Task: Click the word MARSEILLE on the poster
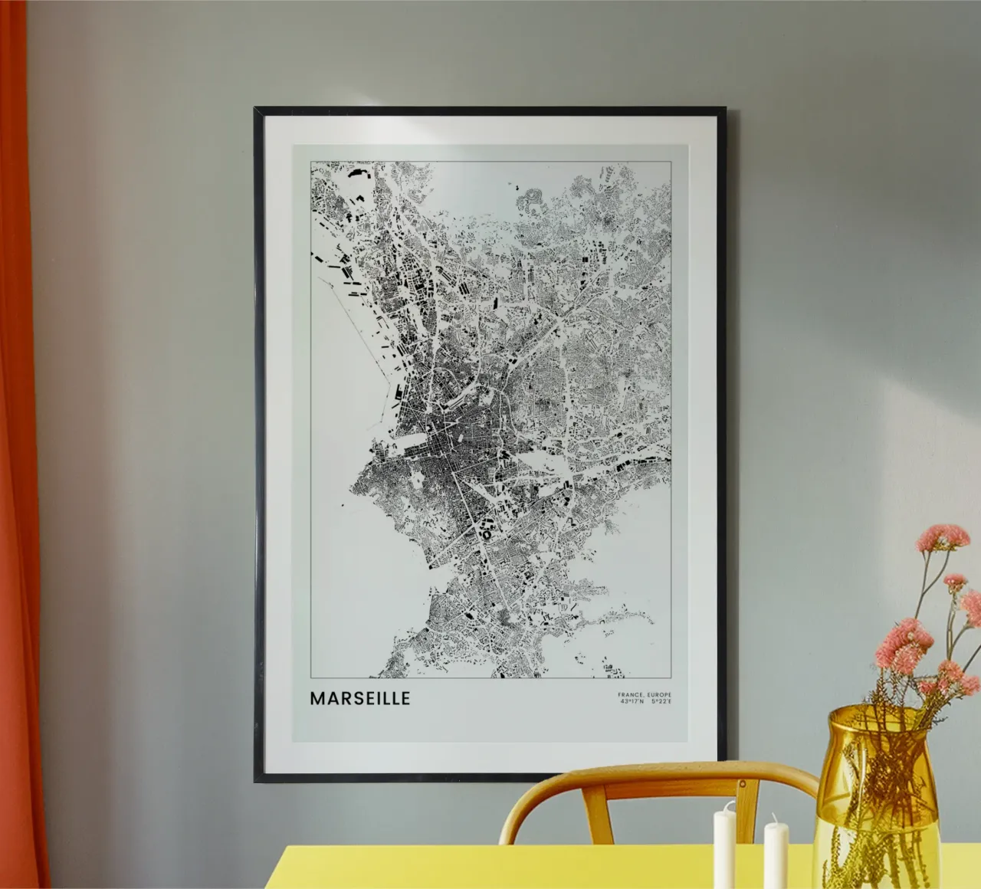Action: click(360, 699)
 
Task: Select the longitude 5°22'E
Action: click(659, 700)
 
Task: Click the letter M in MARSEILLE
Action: click(317, 699)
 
